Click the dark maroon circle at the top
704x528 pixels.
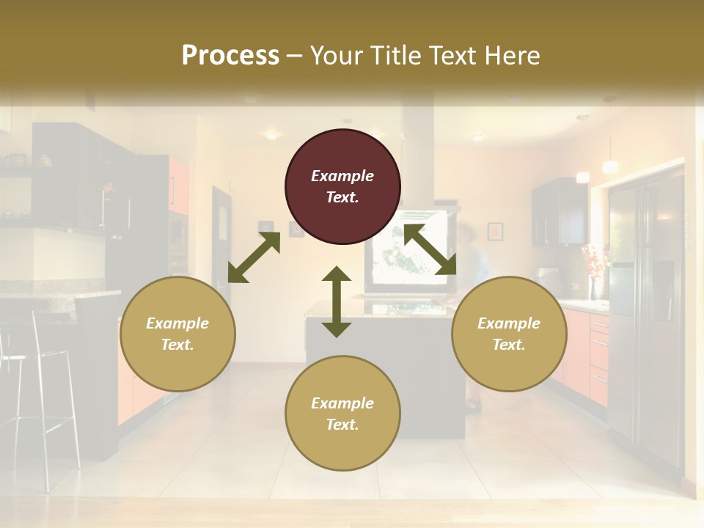point(342,186)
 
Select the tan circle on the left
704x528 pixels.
point(177,334)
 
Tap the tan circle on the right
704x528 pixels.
point(509,334)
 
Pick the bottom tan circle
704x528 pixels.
point(342,414)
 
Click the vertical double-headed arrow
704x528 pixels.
point(337,301)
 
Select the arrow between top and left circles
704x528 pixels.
point(254,257)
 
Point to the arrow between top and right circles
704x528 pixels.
point(430,249)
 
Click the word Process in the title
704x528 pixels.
point(230,55)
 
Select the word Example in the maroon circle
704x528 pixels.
point(342,176)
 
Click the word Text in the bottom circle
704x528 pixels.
point(341,425)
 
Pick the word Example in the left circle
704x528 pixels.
point(177,323)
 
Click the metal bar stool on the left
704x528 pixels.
point(44,396)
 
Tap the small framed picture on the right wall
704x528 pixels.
point(495,231)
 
